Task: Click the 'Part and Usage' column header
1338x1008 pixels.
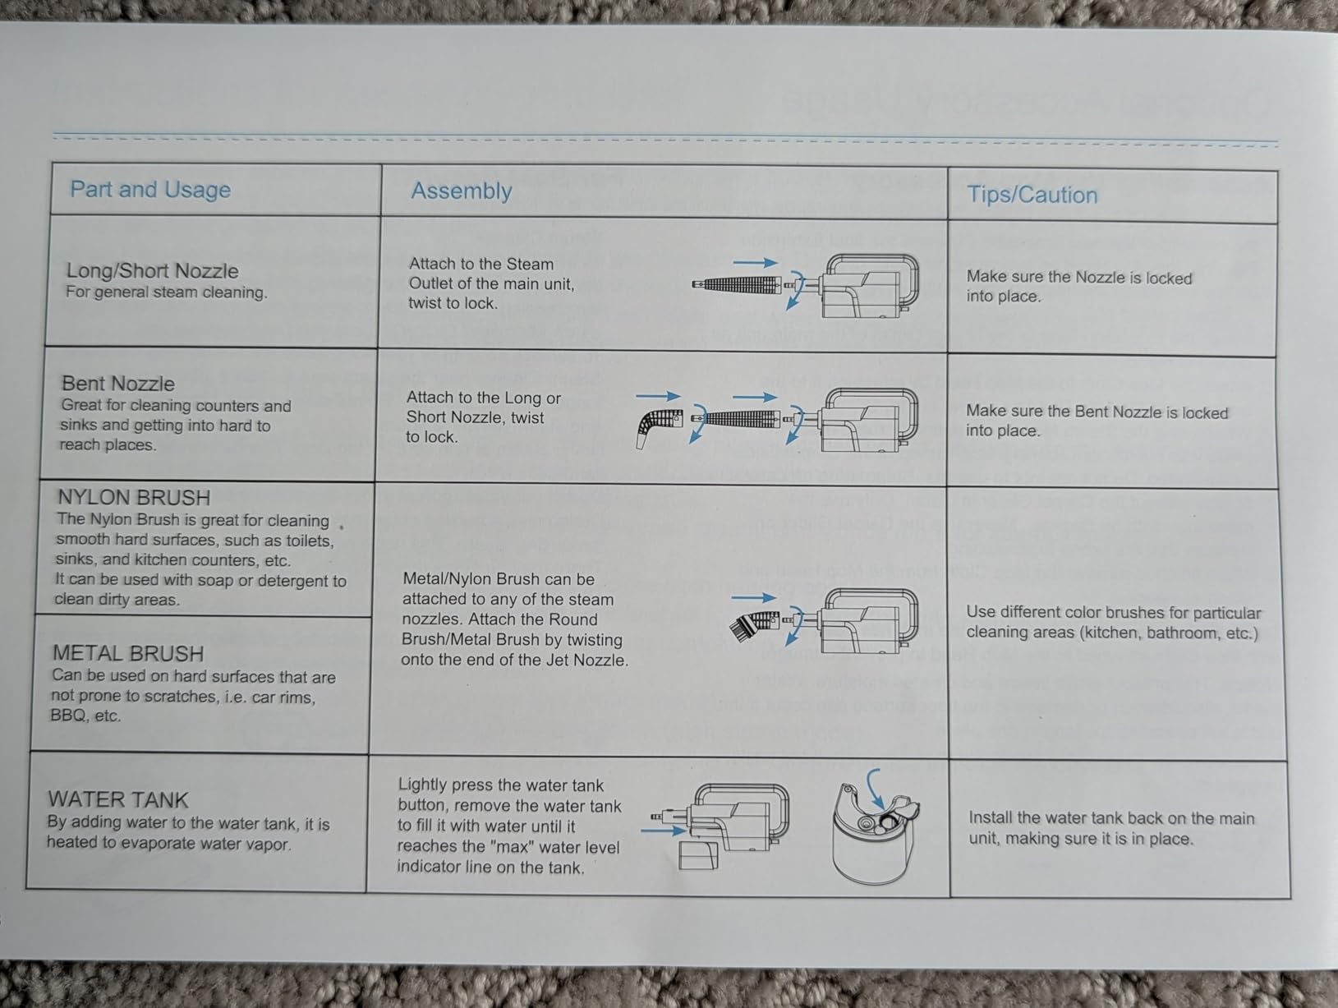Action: pyautogui.click(x=150, y=190)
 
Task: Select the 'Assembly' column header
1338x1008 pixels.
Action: pyautogui.click(x=462, y=191)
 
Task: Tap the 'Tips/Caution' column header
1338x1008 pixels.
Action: pyautogui.click(x=1032, y=195)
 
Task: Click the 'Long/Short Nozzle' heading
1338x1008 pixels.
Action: pyautogui.click(x=153, y=270)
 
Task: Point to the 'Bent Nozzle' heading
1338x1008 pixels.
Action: pyautogui.click(x=118, y=384)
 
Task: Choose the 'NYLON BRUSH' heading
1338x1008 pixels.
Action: pyautogui.click(x=134, y=497)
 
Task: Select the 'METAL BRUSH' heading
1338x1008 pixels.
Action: pyautogui.click(x=128, y=653)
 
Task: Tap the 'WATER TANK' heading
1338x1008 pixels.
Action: pyautogui.click(x=118, y=799)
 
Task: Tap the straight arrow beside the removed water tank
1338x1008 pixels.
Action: pyautogui.click(x=663, y=830)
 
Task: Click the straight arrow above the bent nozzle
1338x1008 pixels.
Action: pyautogui.click(x=659, y=396)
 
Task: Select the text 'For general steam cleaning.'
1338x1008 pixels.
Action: pyautogui.click(x=167, y=292)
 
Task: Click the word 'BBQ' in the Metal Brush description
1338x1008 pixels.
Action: pyautogui.click(x=67, y=715)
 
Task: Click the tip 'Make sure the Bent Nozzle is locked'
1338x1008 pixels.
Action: pyautogui.click(x=1097, y=412)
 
